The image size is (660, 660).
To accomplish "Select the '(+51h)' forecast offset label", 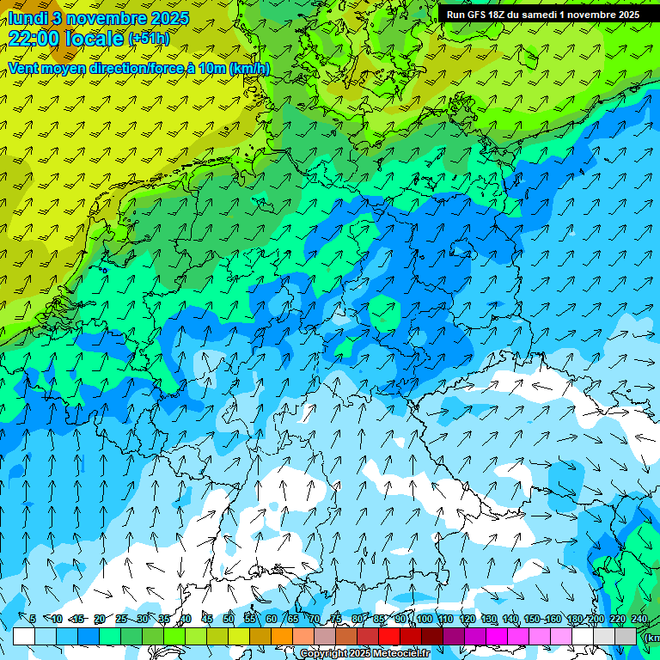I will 149,39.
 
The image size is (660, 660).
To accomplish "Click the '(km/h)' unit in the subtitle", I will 250,68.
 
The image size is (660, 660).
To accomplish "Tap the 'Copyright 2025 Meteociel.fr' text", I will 364,654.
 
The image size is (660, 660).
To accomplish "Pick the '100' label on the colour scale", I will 424,619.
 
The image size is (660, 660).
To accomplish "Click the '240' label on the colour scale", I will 639,619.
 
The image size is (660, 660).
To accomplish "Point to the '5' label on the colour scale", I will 33,619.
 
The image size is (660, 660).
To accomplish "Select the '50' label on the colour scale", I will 228,619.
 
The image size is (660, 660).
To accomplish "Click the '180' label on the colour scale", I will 574,619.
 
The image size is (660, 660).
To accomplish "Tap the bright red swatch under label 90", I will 389,636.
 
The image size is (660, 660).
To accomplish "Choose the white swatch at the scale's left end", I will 24,636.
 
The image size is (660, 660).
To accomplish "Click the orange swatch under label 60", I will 260,636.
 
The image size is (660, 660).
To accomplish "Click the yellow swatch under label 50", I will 217,636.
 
